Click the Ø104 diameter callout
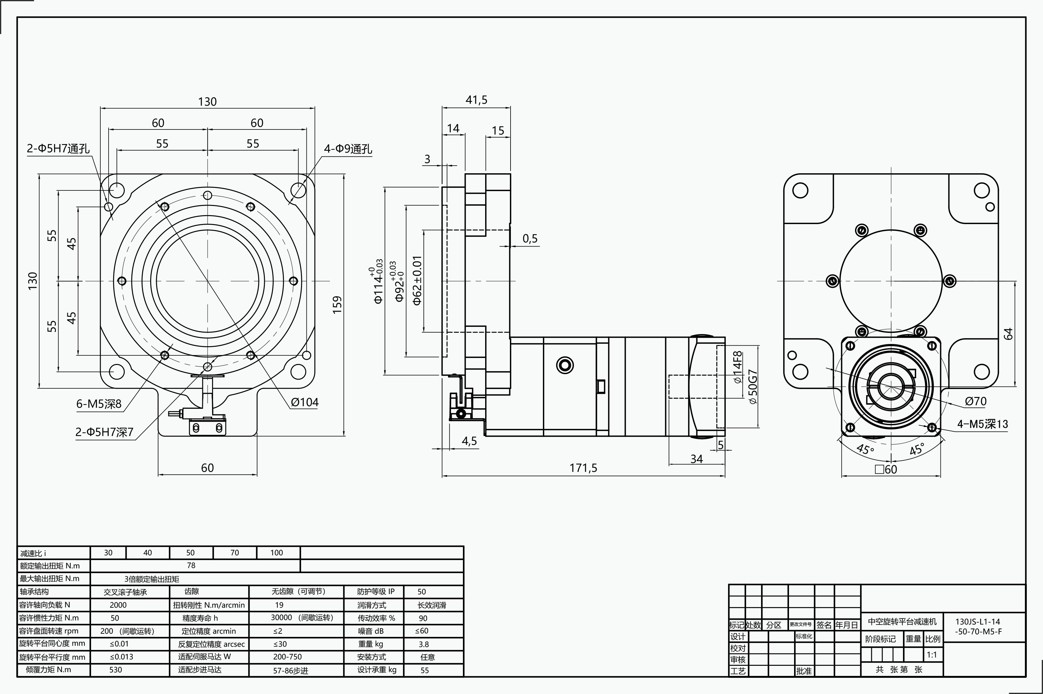click(305, 402)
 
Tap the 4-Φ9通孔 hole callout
click(348, 149)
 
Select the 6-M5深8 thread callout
click(99, 404)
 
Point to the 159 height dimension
click(337, 305)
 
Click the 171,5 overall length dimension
click(583, 468)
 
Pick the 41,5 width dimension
click(476, 100)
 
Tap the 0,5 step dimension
click(530, 239)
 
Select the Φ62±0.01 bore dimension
click(417, 281)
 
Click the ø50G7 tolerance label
click(752, 387)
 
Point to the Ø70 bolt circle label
click(976, 401)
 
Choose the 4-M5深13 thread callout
click(982, 424)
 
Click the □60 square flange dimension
click(886, 469)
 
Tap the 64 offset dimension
click(1008, 333)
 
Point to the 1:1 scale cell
click(932, 655)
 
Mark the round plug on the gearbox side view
click(565, 365)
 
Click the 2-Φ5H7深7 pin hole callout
click(104, 432)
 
